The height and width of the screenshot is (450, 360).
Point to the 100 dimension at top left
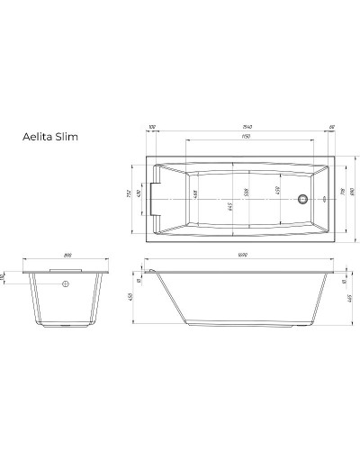150,129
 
